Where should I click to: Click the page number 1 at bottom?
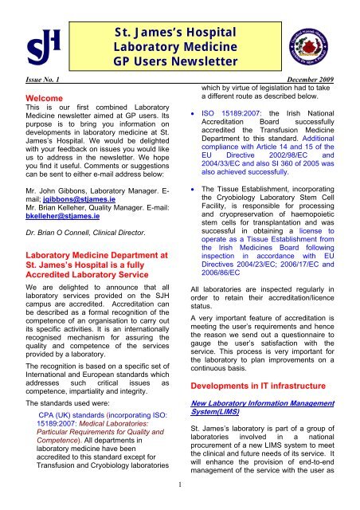tap(180, 503)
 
